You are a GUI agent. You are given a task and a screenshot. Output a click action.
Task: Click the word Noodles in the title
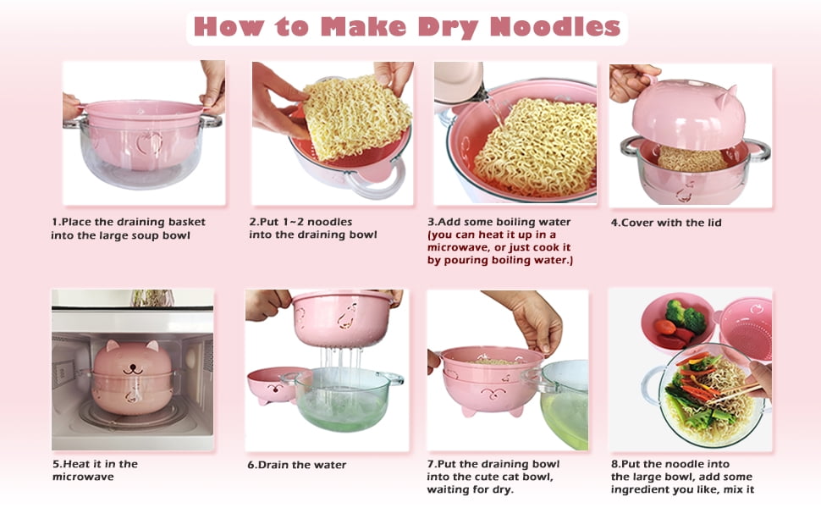(x=555, y=26)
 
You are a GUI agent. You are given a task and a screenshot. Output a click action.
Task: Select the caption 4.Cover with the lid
(x=666, y=223)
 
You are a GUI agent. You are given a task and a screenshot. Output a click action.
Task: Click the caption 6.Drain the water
(x=297, y=465)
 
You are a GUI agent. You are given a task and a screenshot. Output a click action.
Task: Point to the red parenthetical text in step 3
(x=500, y=247)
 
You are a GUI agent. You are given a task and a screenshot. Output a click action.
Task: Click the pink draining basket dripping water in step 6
(x=343, y=318)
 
